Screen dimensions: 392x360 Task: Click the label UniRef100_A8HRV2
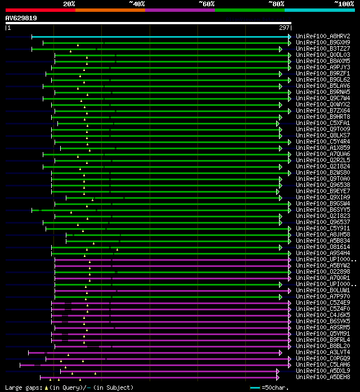323,37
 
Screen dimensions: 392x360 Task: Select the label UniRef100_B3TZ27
323,49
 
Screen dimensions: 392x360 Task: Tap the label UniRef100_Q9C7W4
323,99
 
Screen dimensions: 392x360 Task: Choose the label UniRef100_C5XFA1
323,123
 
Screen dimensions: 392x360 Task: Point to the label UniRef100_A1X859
323,148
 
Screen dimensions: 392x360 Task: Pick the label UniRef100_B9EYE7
323,191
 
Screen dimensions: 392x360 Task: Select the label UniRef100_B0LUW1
323,291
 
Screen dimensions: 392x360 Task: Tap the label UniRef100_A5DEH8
323,377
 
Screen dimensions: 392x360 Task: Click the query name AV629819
21,19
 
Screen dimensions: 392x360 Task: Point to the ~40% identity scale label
137,4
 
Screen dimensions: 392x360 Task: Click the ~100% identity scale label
344,4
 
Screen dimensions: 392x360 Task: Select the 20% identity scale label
69,4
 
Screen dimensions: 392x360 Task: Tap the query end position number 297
284,28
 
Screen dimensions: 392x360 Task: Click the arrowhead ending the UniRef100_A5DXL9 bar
278,371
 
